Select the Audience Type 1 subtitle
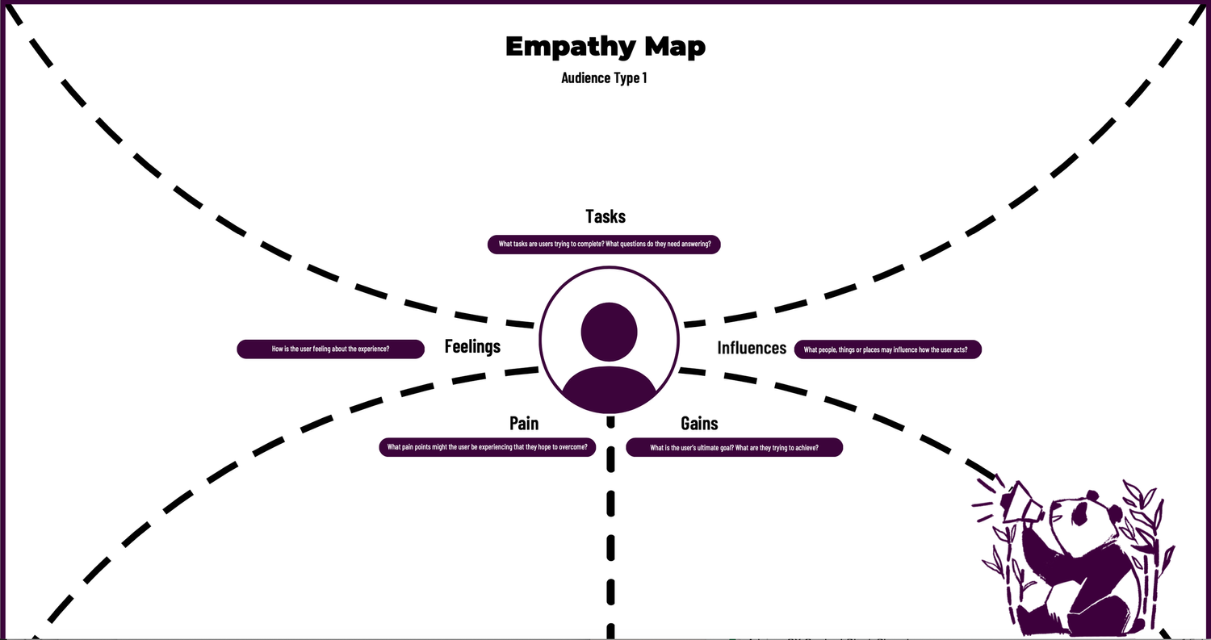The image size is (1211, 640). tap(605, 78)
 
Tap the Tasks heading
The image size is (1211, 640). tap(605, 216)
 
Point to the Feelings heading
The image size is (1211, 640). tap(472, 346)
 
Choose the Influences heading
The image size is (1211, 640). tap(752, 348)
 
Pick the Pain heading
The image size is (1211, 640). tap(524, 424)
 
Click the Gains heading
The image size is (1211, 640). tap(699, 424)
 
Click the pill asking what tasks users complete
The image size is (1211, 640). tap(604, 245)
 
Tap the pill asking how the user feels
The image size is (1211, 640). tap(330, 349)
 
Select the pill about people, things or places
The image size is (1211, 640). tap(888, 349)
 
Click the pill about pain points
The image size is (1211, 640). tap(488, 447)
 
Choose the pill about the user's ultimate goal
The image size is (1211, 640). tap(734, 447)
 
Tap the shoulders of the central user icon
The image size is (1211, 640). tap(609, 387)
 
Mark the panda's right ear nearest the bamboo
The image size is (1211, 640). tap(1116, 513)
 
